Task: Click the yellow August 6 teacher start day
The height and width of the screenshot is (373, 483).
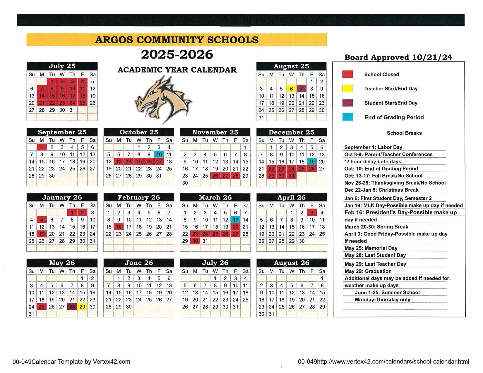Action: tap(291, 89)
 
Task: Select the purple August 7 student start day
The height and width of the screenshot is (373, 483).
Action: tap(302, 89)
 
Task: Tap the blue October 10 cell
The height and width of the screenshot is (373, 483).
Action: tap(159, 154)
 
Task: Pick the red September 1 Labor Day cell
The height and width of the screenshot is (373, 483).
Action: tap(42, 147)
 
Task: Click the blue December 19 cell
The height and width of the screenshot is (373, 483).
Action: tap(312, 161)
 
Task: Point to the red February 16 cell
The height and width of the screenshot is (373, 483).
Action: tap(119, 227)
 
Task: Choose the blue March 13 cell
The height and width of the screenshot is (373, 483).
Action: tap(235, 220)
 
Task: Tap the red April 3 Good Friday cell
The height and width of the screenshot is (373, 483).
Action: tap(312, 213)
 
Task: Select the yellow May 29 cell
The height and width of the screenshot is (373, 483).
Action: tap(82, 307)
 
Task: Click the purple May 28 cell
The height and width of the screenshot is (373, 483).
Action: tap(72, 307)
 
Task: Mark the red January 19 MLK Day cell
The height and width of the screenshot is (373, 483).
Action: tap(42, 234)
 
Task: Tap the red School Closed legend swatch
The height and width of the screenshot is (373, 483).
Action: tap(347, 74)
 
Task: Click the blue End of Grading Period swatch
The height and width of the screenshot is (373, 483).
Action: tap(347, 117)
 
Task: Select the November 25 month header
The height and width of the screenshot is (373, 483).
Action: tap(215, 132)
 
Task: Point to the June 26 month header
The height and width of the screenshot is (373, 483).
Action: tap(139, 263)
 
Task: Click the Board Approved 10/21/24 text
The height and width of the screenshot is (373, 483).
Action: tap(398, 57)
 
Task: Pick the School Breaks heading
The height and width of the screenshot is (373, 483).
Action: tap(404, 133)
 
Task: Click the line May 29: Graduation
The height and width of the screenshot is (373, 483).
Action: tap(368, 271)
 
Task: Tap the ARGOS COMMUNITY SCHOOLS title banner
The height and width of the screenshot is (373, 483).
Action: tap(177, 40)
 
